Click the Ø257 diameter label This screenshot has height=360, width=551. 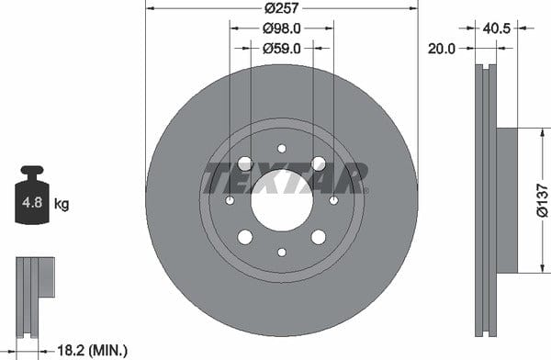282,7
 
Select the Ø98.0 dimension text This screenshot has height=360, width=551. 282,28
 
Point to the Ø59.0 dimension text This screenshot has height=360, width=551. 282,49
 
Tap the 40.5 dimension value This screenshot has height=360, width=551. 496,28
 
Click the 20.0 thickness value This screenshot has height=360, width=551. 442,49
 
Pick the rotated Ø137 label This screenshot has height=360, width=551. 543,200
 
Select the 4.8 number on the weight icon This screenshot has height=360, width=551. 32,202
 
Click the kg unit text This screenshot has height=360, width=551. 62,204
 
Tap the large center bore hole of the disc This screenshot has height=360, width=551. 282,200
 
